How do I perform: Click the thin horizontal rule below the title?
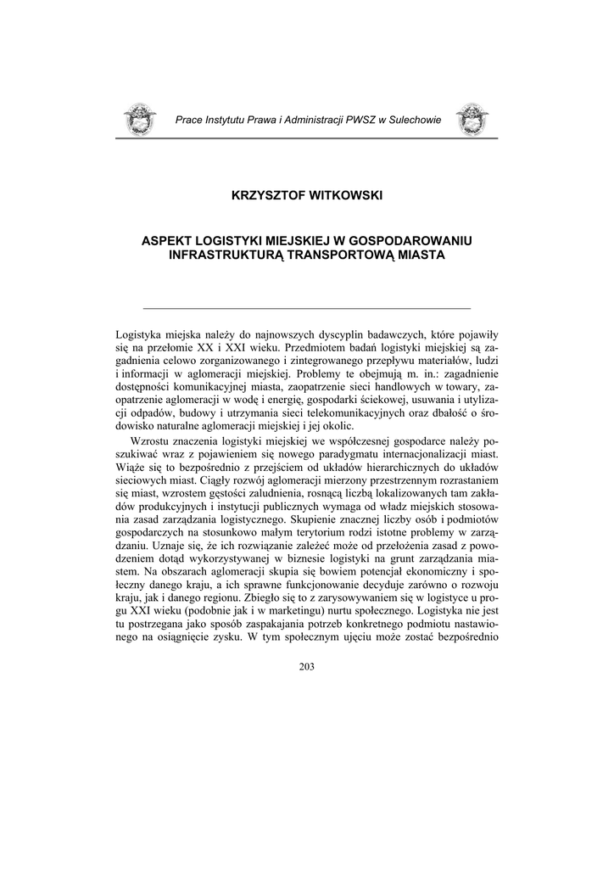[x=306, y=306]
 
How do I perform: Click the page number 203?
[x=306, y=667]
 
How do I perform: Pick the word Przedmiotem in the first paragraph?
[x=319, y=348]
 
